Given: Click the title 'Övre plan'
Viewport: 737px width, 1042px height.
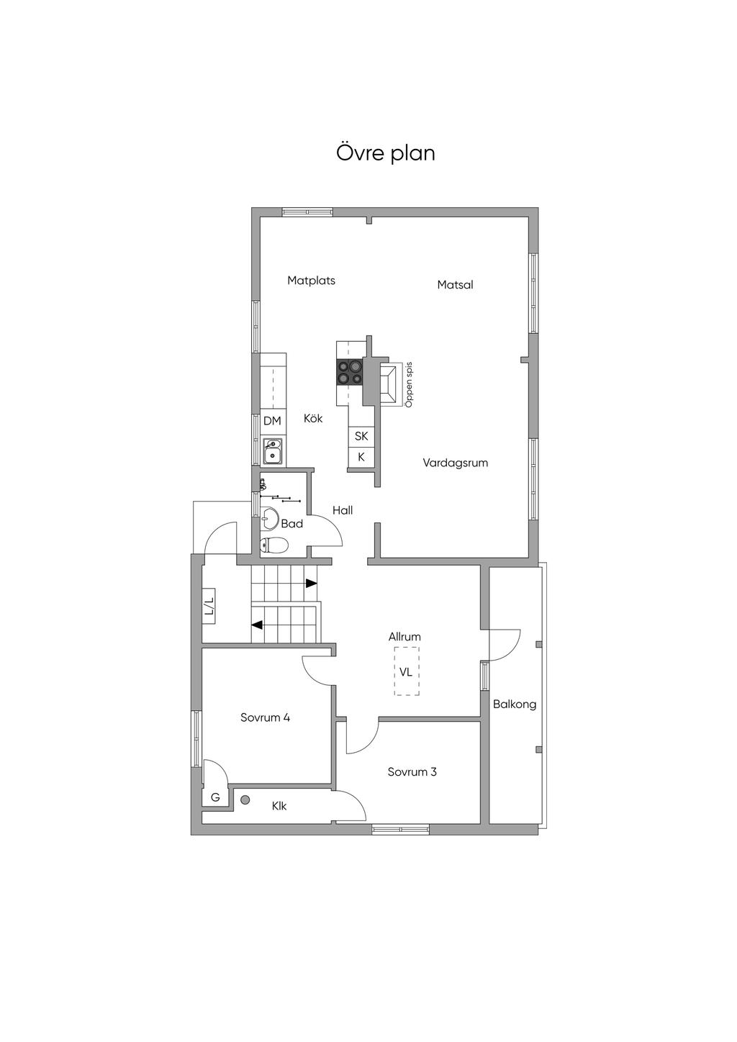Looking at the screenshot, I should (x=386, y=153).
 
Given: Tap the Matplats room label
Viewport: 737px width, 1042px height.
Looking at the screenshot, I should (x=311, y=281).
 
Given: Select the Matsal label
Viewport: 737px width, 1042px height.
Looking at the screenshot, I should (x=455, y=285).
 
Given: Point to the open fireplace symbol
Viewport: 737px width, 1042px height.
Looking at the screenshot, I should (x=389, y=383).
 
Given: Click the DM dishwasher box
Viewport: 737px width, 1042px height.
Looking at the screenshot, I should (x=272, y=421).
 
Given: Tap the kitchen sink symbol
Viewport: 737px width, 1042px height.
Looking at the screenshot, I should (x=273, y=451).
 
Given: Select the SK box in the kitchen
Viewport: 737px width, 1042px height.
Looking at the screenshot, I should (x=361, y=436).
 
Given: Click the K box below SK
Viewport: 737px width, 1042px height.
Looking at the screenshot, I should (x=361, y=457).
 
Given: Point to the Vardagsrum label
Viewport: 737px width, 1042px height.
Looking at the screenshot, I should (x=455, y=463).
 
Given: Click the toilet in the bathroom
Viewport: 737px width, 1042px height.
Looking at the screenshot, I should (x=273, y=545).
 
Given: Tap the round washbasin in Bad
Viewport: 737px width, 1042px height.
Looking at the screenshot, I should (x=270, y=516).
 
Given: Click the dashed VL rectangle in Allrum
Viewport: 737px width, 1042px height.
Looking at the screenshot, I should (x=407, y=671).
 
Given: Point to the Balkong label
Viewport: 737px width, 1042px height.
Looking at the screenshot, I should (x=515, y=705).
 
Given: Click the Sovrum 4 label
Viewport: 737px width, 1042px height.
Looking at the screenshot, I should (x=265, y=717).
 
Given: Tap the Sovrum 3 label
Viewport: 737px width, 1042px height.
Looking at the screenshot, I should (x=412, y=772).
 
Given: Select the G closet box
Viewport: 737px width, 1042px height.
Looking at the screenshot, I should (x=215, y=797).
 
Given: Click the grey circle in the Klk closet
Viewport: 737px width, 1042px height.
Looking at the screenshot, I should (x=245, y=799).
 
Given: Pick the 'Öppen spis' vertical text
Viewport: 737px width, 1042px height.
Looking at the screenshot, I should (x=409, y=385).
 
